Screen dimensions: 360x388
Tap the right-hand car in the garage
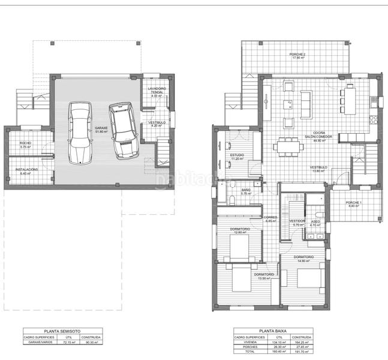(124, 131)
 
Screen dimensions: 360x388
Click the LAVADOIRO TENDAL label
(157, 90)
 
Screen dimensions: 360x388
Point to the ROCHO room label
(25, 143)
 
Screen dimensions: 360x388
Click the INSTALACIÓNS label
(27, 170)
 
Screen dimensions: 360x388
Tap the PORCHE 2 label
(297, 55)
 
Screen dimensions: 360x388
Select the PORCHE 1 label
(354, 203)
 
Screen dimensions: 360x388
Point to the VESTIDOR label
(297, 221)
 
